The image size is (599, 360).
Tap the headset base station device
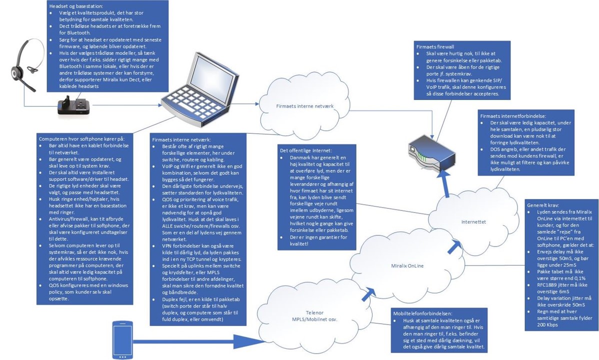tap(74, 106)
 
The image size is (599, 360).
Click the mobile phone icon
tap(121, 339)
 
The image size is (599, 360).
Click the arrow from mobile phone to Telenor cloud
tap(200, 341)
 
